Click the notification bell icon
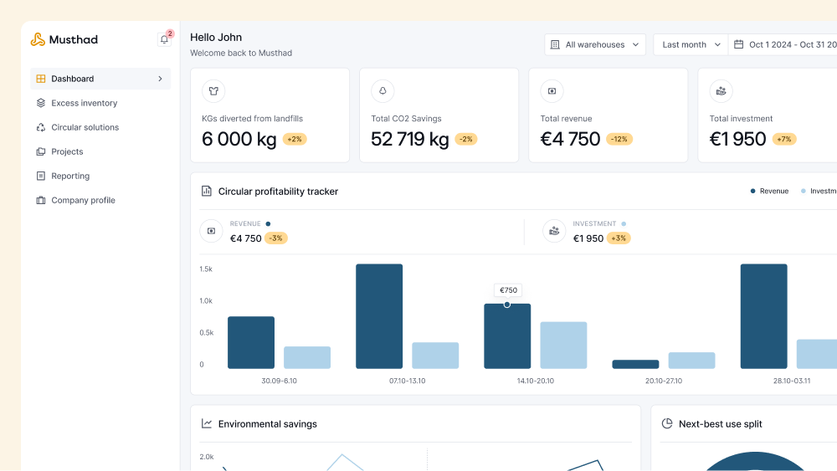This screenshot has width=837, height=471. point(164,39)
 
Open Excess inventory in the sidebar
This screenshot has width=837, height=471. point(84,103)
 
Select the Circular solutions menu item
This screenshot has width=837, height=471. point(85,127)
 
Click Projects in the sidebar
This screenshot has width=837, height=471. point(67,151)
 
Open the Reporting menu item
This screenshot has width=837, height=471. point(70,176)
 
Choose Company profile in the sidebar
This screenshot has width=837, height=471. point(83,200)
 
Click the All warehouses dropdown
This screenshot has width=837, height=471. point(594,44)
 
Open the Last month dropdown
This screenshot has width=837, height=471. point(691,44)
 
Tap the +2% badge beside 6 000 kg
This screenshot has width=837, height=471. point(295,139)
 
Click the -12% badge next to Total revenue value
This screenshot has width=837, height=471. point(619,139)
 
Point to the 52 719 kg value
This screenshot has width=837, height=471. point(410,139)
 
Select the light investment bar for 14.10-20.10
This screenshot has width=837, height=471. point(563,345)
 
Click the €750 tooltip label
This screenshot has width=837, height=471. point(508,290)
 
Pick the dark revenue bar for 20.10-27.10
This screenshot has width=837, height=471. point(635,364)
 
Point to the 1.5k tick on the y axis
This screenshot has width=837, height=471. point(206,269)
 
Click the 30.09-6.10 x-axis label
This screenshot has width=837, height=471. point(279,381)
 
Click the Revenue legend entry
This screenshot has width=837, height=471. point(769,192)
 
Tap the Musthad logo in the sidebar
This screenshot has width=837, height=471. point(64,39)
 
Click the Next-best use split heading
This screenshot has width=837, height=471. point(720,424)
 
